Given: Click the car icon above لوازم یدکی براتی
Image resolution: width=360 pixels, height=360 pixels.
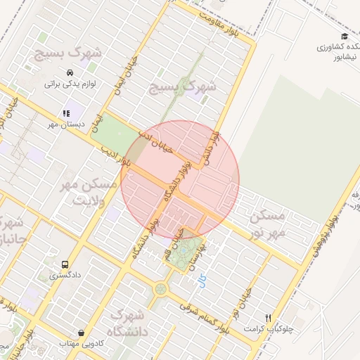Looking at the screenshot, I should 70,73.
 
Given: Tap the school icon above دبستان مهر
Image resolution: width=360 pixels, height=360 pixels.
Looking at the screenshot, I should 66,112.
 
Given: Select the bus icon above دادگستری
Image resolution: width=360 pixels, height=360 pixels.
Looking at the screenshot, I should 65,265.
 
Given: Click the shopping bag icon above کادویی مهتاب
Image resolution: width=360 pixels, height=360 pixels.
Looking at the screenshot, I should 82,333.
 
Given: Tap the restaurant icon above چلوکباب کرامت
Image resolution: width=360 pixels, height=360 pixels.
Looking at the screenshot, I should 268,318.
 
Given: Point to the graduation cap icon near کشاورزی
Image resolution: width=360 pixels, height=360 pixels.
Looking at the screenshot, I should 344,37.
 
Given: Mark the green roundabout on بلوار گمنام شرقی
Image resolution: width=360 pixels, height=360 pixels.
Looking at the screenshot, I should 161,288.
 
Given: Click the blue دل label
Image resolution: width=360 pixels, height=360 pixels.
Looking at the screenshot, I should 202,283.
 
